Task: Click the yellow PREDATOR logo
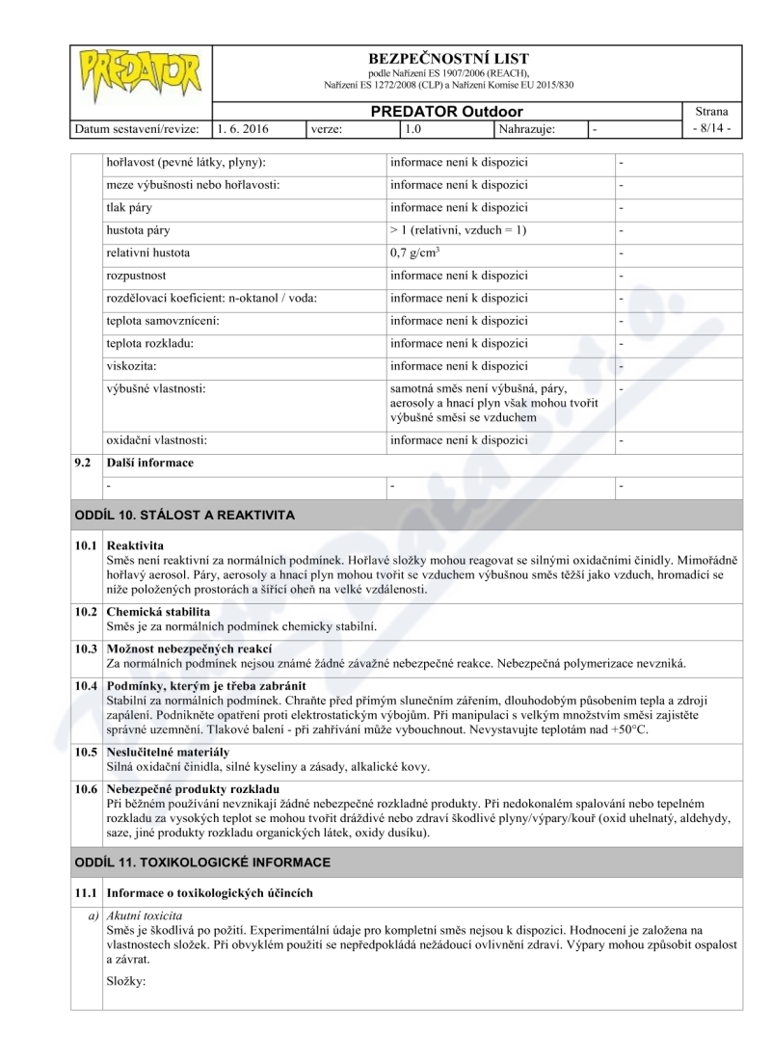pos(140,75)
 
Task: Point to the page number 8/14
pos(711,128)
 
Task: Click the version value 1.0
pos(412,128)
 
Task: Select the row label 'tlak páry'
pos(128,207)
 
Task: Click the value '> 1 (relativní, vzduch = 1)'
pos(458,230)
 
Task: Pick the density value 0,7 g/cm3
pos(415,253)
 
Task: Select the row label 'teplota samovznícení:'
pos(163,320)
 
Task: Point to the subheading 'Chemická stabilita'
pos(158,612)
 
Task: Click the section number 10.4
pos(87,685)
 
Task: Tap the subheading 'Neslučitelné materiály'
pos(168,752)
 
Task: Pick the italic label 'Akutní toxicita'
pos(145,915)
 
